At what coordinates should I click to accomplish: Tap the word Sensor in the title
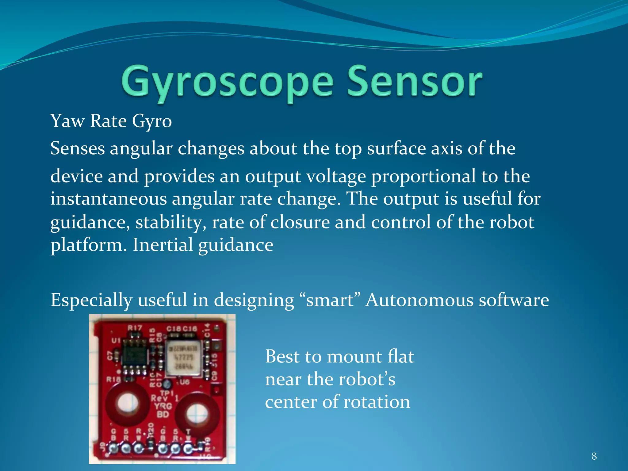coord(415,81)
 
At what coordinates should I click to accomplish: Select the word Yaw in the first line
coord(67,121)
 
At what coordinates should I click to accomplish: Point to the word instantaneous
coord(108,199)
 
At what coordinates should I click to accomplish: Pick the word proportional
coord(423,177)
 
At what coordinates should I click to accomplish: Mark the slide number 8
coord(594,456)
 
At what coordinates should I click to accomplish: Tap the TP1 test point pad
coord(167,384)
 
